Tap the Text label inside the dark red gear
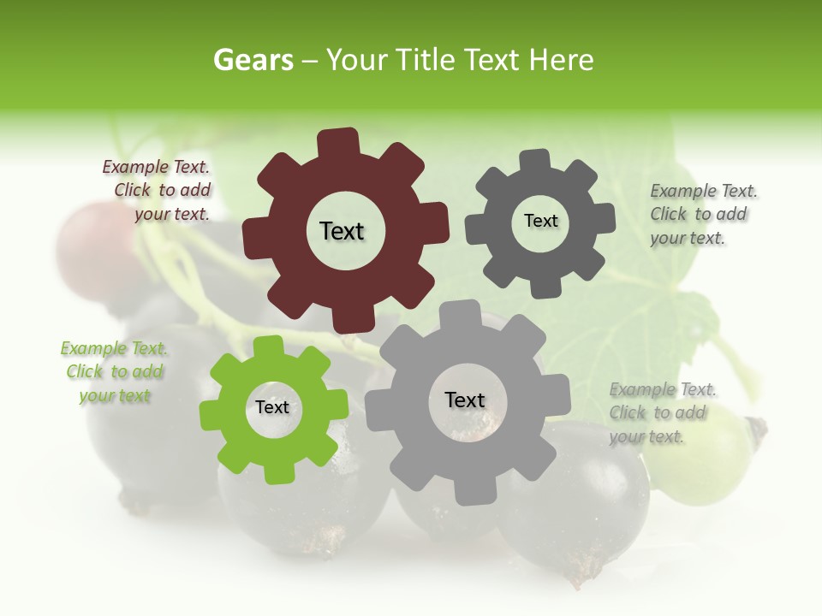tap(342, 231)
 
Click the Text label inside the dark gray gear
tap(540, 221)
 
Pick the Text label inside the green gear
tap(272, 407)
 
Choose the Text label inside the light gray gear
tap(465, 400)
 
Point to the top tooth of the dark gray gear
tap(535, 160)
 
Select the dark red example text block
tap(157, 191)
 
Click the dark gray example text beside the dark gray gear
tap(703, 215)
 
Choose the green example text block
tap(114, 372)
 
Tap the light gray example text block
tap(662, 413)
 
